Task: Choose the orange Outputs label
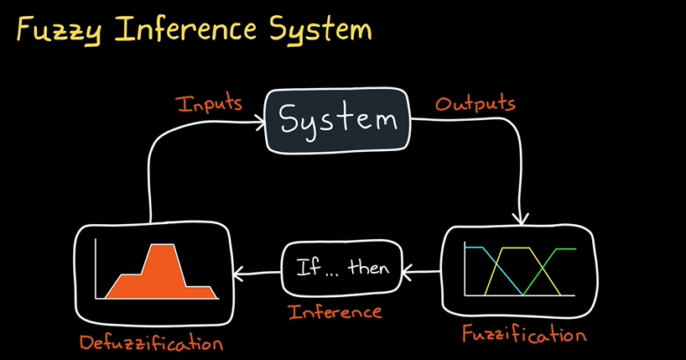click(475, 105)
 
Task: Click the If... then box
click(341, 269)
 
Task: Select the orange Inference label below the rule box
click(335, 312)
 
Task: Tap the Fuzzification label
click(524, 335)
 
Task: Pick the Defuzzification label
click(152, 342)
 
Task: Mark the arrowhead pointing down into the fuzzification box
click(521, 219)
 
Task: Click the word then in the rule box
click(368, 269)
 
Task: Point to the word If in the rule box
click(307, 269)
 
